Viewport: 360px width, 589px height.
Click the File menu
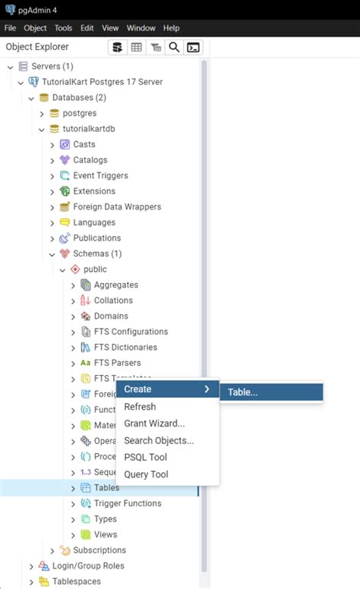pyautogui.click(x=10, y=28)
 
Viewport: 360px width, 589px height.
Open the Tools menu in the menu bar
pyautogui.click(x=63, y=28)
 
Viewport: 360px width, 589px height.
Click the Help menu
pyautogui.click(x=171, y=28)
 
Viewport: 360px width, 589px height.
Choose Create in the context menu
pyautogui.click(x=138, y=389)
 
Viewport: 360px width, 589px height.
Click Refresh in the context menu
pyautogui.click(x=140, y=407)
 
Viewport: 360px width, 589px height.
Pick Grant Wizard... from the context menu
pyautogui.click(x=154, y=424)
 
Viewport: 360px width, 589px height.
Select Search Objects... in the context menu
pyautogui.click(x=159, y=440)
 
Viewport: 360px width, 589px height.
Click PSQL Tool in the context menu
pyautogui.click(x=145, y=457)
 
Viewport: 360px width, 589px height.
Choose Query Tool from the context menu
pyautogui.click(x=146, y=474)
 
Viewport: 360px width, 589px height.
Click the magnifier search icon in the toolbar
pyautogui.click(x=174, y=47)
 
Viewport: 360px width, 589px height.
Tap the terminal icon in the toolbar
pyautogui.click(x=194, y=47)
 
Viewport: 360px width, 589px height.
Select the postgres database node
pyautogui.click(x=79, y=113)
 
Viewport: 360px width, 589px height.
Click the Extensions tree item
pyautogui.click(x=94, y=191)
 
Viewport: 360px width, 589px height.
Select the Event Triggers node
pyautogui.click(x=100, y=175)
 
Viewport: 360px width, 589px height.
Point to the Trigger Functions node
pyautogui.click(x=128, y=503)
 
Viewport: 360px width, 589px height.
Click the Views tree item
pyautogui.click(x=106, y=534)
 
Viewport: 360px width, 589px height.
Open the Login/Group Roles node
pyautogui.click(x=88, y=565)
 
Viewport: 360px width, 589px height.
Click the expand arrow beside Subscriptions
pyautogui.click(x=52, y=550)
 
